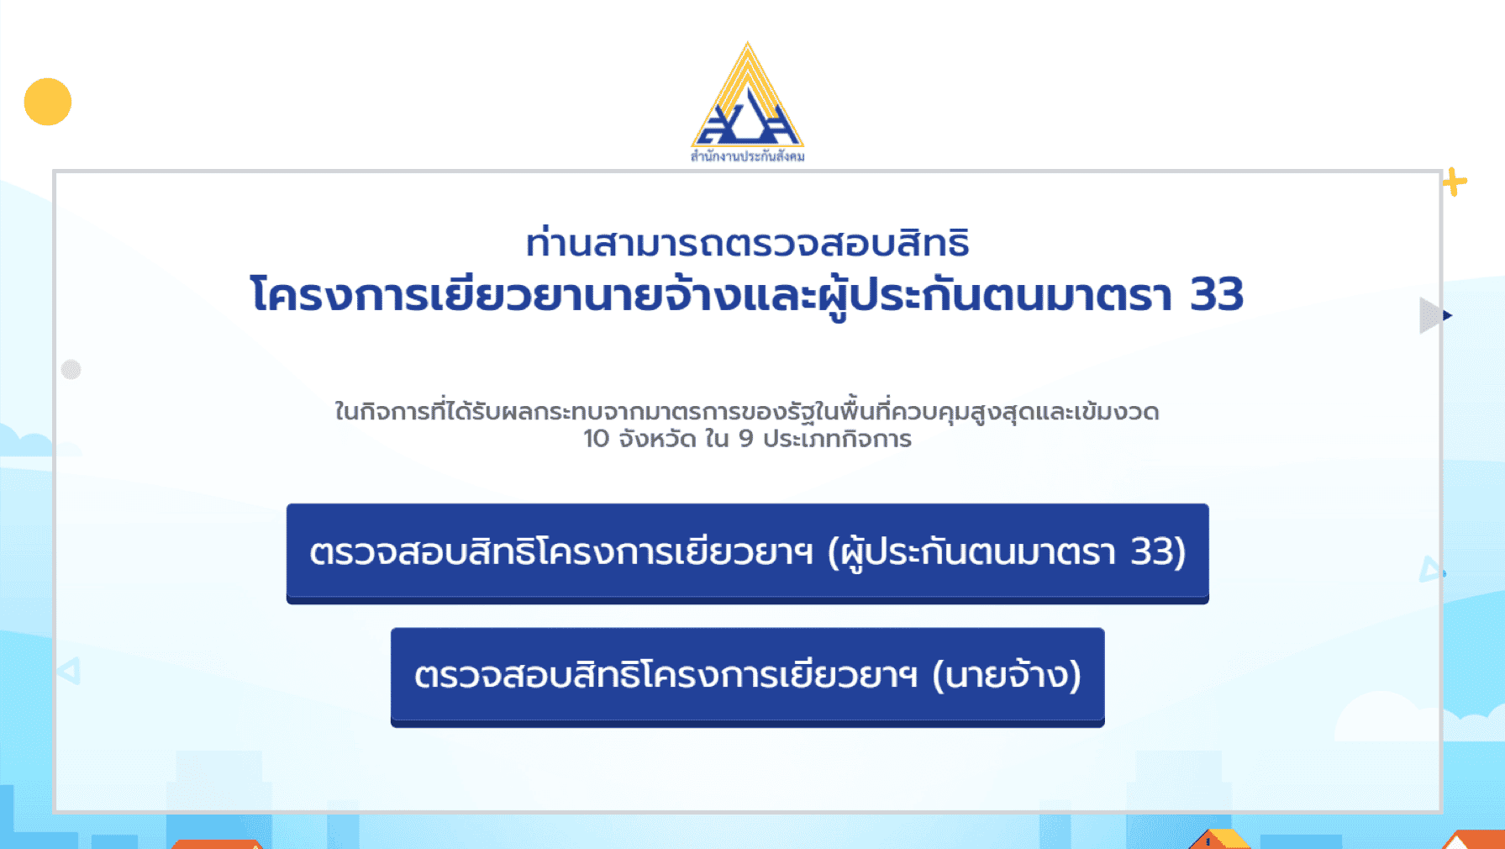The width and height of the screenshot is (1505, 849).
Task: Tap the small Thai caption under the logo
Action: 748,156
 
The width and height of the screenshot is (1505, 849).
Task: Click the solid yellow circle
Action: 48,102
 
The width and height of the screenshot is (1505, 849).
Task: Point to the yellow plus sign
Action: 1455,182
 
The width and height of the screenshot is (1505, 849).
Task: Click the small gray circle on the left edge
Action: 71,369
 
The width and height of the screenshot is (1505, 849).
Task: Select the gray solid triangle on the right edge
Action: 1429,315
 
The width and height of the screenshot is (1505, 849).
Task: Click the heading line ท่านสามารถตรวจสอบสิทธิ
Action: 748,242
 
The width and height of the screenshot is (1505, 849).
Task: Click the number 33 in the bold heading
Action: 1217,294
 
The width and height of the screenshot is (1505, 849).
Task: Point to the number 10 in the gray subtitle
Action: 596,439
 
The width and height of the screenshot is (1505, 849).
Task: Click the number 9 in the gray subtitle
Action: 746,439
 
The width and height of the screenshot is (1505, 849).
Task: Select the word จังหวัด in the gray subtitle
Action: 657,439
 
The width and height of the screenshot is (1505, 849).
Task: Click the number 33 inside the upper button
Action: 1152,552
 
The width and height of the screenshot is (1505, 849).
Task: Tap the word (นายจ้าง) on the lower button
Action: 1007,675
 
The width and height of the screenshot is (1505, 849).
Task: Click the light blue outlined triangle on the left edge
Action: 69,671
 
